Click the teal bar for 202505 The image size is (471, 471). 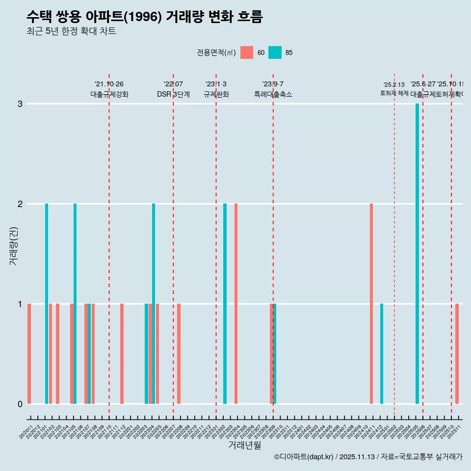click(417, 254)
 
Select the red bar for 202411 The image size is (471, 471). click(371, 304)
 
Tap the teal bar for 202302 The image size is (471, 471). click(225, 304)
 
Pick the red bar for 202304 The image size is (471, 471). click(236, 304)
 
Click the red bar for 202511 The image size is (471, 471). click(457, 354)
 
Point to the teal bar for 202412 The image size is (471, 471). click(382, 354)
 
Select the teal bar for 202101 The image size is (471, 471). click(47, 304)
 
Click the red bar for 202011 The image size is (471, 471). click(29, 354)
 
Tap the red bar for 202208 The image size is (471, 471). click(179, 354)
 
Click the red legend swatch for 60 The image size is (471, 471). click(247, 52)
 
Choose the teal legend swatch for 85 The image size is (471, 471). click(275, 52)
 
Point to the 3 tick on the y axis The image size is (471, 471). click(20, 104)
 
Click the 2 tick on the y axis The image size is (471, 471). click(20, 204)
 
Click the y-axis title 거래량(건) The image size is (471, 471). click(13, 246)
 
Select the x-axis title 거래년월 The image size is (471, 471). click(244, 445)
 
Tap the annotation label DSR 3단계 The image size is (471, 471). click(173, 94)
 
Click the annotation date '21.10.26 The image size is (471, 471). click(109, 84)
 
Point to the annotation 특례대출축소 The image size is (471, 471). click(273, 94)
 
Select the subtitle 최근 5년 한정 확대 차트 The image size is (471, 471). click(71, 31)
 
